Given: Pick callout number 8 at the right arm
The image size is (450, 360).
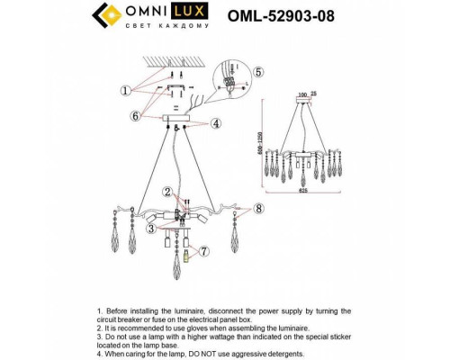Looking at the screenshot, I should click(258, 210).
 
